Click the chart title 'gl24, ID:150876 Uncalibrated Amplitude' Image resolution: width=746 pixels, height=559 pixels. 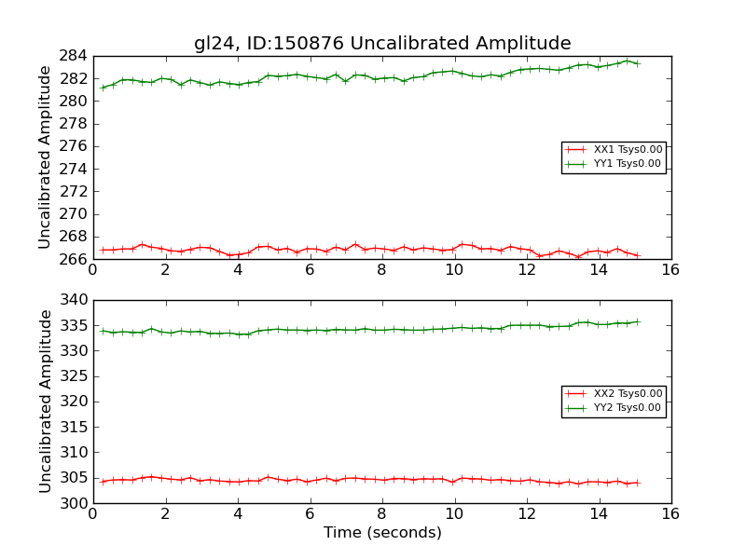click(382, 43)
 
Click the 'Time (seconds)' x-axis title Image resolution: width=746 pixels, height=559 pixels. click(382, 533)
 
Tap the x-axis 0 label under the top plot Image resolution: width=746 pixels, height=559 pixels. click(92, 271)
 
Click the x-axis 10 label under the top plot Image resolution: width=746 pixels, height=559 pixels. click(453, 271)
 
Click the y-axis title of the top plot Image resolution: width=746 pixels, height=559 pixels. click(45, 157)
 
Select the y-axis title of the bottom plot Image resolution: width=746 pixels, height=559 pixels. click(45, 401)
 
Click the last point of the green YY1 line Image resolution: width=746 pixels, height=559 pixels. click(638, 63)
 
